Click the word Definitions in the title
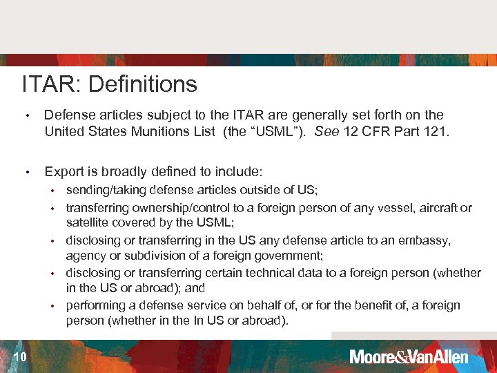143,84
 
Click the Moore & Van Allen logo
409,356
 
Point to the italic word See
327,131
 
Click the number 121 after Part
436,131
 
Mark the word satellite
87,222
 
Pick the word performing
95,305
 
